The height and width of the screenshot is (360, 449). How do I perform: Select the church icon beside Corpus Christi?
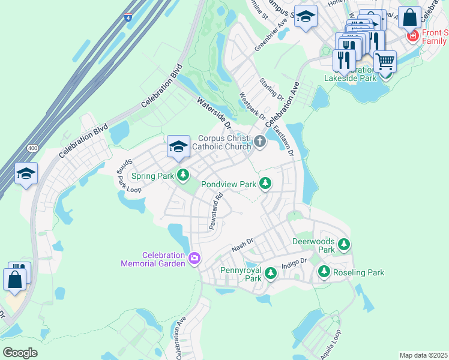(x=260, y=142)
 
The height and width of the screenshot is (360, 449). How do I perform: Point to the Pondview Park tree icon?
(x=265, y=184)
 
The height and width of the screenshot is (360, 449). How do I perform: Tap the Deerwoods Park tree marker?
(x=343, y=244)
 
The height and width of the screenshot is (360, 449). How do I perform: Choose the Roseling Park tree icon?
(x=324, y=272)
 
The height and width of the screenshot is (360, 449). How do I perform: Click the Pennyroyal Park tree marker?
(x=270, y=274)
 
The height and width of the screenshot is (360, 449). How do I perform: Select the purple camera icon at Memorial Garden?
(x=194, y=259)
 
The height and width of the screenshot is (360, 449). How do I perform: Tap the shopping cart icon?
(x=385, y=61)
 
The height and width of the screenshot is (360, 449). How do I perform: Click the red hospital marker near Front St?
(x=412, y=37)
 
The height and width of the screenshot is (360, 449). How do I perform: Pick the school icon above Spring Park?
(x=178, y=147)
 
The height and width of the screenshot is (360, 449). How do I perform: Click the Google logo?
(x=20, y=352)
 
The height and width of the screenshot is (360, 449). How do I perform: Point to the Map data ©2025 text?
(x=423, y=355)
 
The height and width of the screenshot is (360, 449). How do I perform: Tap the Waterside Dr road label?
(x=214, y=114)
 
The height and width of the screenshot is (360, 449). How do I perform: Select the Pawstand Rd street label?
(x=215, y=211)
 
